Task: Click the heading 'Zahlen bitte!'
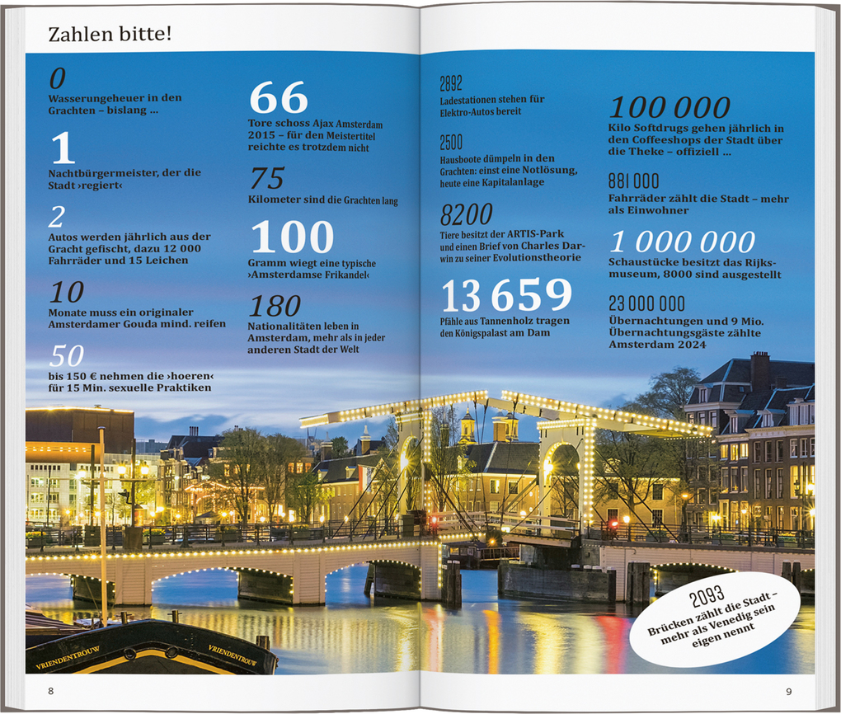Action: pos(110,35)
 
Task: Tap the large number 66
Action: pos(279,98)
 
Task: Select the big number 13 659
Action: pos(506,295)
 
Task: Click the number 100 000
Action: pos(670,107)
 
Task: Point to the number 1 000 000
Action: pos(682,242)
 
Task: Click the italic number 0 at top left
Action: pos(57,78)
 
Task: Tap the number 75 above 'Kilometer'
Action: pos(266,178)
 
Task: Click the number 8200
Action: pos(466,215)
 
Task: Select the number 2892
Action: pos(451,83)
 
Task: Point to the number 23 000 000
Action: pos(646,303)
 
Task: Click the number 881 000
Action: pos(633,181)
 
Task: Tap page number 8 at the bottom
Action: pos(51,690)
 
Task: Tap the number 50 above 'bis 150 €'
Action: pos(66,355)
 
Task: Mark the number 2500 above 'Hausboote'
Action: pos(451,142)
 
